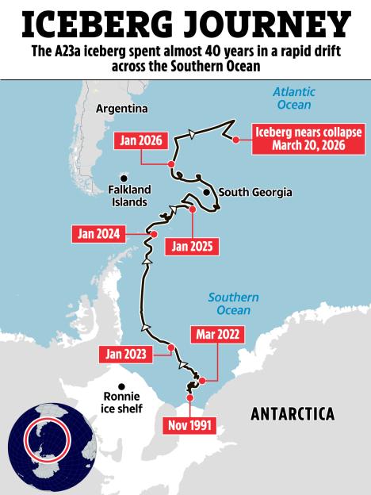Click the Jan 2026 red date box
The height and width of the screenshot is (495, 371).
[x=142, y=140]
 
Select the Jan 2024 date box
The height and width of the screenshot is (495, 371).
[x=98, y=234]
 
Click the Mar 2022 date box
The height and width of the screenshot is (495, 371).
[x=216, y=334]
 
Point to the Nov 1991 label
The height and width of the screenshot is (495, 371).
[x=189, y=424]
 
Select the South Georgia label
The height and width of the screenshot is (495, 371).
[x=255, y=192]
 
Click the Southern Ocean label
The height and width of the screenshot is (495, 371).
[x=233, y=303]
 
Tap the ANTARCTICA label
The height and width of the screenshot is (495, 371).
[x=293, y=413]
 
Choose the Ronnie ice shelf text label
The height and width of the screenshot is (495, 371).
[x=123, y=403]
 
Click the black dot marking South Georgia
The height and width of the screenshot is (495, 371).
[x=206, y=192]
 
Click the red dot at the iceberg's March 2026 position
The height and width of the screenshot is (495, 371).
[x=235, y=140]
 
